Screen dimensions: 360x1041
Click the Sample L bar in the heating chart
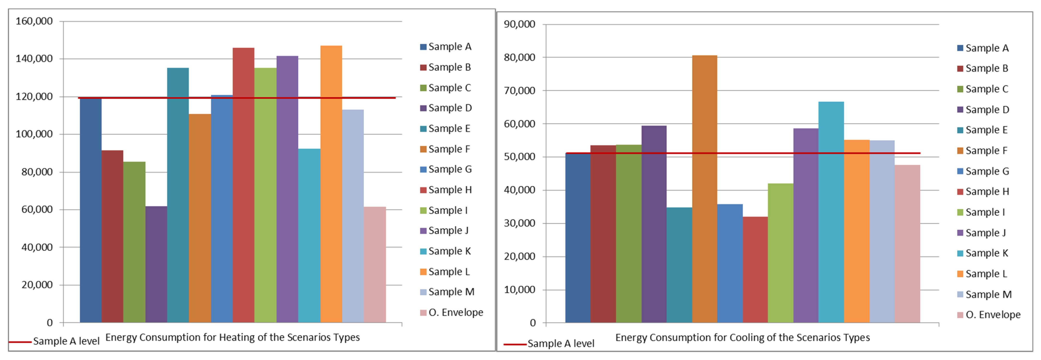click(331, 184)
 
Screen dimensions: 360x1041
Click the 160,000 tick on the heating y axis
click(34, 21)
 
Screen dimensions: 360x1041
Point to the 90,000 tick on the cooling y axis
click(519, 24)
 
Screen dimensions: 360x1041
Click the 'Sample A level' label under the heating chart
click(66, 341)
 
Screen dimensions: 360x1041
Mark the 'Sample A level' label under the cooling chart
click(560, 344)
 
